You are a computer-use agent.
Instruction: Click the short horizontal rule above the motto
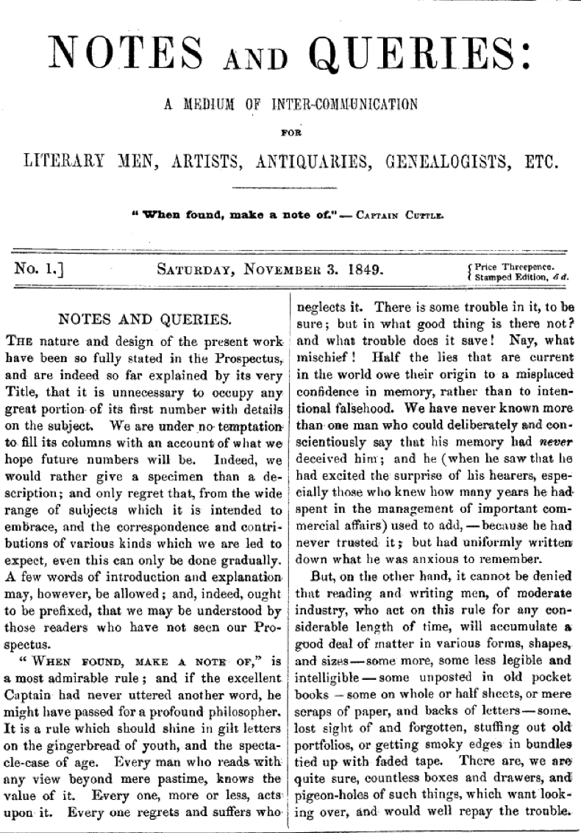click(x=290, y=191)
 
